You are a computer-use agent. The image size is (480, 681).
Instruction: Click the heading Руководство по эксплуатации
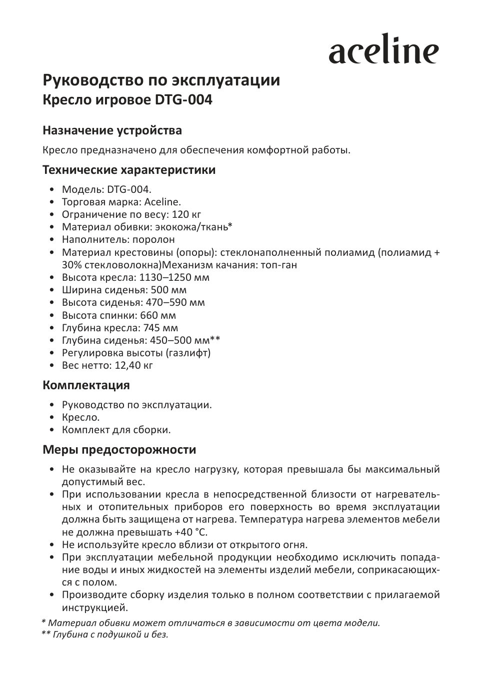tap(161, 80)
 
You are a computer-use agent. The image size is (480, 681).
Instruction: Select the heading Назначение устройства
tap(112, 130)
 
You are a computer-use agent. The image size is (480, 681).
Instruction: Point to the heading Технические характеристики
tap(129, 170)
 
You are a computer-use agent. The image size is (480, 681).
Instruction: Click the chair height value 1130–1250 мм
tap(177, 277)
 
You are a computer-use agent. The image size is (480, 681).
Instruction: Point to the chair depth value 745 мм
tap(160, 328)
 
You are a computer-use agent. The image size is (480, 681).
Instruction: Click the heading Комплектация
tap(86, 385)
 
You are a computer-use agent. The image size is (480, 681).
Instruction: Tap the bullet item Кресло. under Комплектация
tap(81, 417)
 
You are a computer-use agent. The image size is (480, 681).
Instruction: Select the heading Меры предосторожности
tap(119, 450)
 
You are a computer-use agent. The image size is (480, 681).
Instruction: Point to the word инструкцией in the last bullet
tap(94, 608)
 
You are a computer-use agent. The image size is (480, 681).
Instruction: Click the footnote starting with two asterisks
tap(105, 635)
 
